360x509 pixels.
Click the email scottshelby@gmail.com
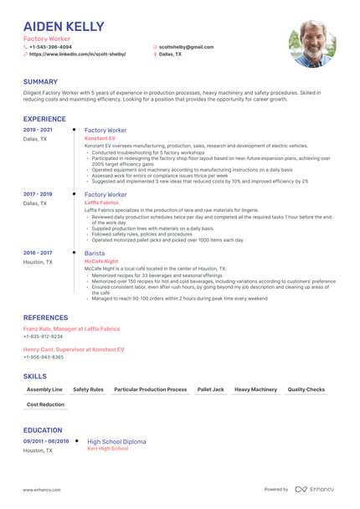[186, 47]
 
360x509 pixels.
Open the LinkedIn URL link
[77, 54]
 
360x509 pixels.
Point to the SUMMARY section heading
[41, 81]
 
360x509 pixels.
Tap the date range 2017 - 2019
[38, 194]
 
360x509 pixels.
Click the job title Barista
[95, 252]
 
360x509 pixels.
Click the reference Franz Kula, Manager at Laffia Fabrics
[71, 329]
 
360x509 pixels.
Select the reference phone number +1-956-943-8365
[44, 357]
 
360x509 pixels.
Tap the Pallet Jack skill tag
[211, 389]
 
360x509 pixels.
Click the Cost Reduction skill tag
[45, 404]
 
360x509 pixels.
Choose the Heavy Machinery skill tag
[255, 389]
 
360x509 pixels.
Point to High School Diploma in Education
[116, 441]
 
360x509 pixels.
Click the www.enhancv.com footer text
[41, 489]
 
